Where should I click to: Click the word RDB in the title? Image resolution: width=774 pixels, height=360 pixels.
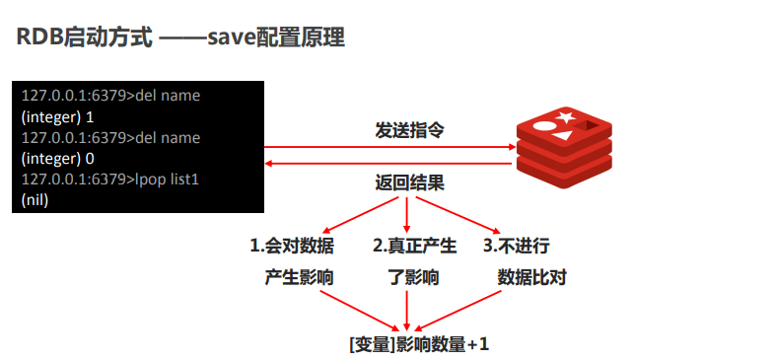point(37,38)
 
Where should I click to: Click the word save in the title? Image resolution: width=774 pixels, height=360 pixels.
point(228,38)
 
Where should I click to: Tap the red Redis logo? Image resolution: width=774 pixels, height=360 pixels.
point(565,148)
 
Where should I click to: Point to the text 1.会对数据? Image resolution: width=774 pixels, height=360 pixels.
point(292,245)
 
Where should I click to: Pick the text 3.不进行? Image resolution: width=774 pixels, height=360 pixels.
point(515,245)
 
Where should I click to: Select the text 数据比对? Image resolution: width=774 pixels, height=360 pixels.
point(531,277)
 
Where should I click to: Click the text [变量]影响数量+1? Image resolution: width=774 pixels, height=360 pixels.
point(418,345)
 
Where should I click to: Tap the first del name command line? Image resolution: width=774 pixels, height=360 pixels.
point(110,96)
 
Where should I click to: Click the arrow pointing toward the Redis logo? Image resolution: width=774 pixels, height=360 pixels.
point(389,148)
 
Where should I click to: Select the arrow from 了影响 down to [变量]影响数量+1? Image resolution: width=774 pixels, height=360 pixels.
point(406,308)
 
